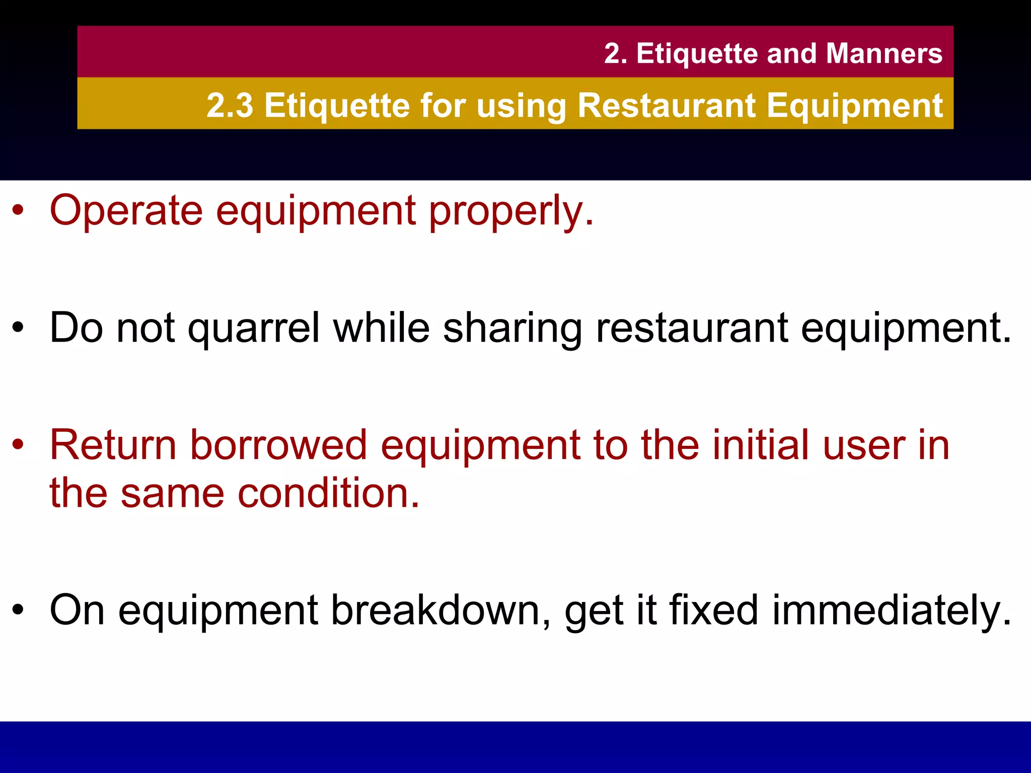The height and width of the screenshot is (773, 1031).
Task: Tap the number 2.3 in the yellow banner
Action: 230,106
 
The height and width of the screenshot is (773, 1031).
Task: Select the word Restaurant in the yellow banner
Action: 667,106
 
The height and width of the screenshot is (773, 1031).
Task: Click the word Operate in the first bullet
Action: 126,211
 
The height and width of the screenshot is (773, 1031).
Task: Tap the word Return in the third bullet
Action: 113,445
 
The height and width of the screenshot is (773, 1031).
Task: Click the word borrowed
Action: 279,445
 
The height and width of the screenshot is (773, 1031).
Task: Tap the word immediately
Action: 891,610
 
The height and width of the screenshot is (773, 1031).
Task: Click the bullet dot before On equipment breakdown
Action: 18,610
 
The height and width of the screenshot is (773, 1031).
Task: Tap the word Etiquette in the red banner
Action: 697,53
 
